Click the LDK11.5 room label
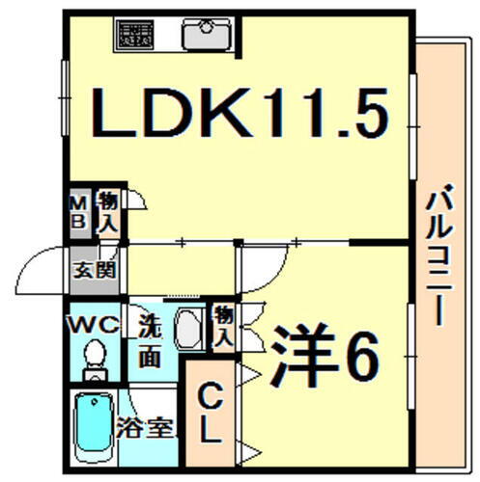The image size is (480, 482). [x=240, y=113]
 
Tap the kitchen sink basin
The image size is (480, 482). [x=207, y=36]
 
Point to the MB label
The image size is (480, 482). [x=79, y=212]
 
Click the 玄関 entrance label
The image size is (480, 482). [x=95, y=271]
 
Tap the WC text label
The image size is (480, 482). [x=95, y=326]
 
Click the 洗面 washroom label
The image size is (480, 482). [x=150, y=342]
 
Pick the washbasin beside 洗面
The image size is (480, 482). [x=189, y=329]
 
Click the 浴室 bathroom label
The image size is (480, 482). [x=145, y=428]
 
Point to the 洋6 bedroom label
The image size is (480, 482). [x=325, y=356]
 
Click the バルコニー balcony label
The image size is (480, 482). [x=439, y=254]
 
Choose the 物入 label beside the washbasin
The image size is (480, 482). [x=223, y=329]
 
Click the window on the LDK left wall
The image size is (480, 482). [x=66, y=98]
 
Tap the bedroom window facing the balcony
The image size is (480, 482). [x=411, y=357]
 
